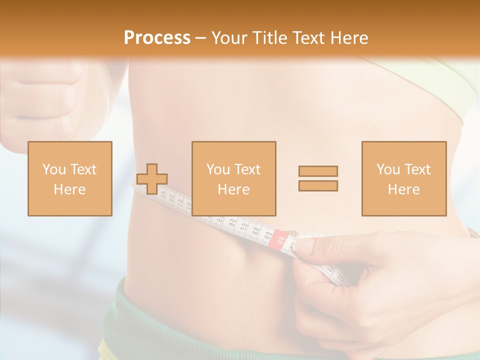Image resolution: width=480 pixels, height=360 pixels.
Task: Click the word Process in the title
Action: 157,38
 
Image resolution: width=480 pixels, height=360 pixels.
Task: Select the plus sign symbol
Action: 152,178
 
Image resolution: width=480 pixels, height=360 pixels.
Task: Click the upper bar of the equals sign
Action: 318,171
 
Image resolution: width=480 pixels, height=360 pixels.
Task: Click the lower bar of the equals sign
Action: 318,185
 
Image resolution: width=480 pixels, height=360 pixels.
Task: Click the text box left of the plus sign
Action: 70,178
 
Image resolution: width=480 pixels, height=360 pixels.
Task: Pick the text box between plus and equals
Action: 233,178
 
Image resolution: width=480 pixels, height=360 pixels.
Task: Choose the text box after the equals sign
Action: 403,178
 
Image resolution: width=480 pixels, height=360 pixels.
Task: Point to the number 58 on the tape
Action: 255,231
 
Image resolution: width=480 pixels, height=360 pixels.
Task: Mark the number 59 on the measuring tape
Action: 267,235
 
